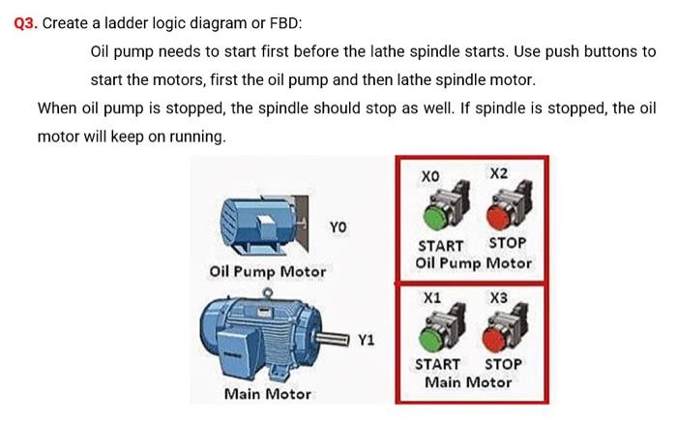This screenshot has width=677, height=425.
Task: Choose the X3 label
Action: tap(499, 298)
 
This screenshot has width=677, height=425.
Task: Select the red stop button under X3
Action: tap(501, 333)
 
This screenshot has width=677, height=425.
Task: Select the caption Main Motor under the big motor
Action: tap(268, 394)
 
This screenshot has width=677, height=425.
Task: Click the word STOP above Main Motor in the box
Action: tap(503, 364)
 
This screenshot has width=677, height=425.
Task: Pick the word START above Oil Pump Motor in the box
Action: tap(440, 245)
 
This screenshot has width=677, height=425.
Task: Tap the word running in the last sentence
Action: tap(197, 137)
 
